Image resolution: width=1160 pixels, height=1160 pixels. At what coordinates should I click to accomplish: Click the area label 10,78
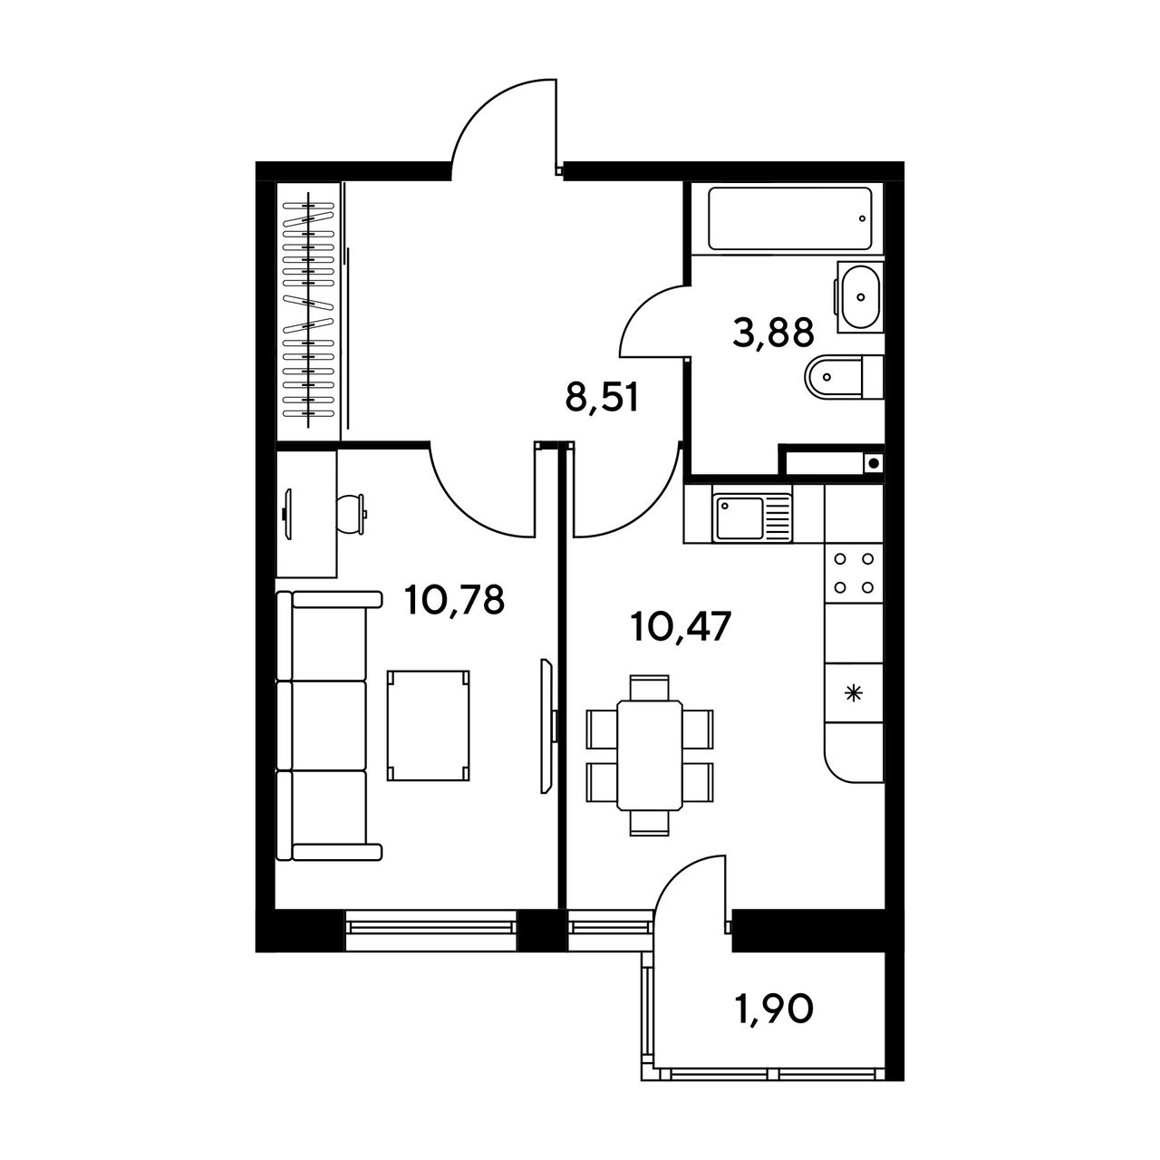click(455, 600)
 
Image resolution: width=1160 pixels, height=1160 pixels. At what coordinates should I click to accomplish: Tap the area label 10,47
click(681, 626)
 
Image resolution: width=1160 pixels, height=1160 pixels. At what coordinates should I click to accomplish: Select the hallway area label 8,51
click(602, 398)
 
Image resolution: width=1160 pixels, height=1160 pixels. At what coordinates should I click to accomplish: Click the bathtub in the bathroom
click(789, 218)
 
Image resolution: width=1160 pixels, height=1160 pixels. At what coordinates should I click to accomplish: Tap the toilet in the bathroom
click(844, 377)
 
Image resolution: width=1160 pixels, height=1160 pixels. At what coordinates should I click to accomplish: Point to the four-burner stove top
click(854, 573)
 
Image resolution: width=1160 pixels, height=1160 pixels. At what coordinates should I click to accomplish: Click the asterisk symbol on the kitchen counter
click(853, 694)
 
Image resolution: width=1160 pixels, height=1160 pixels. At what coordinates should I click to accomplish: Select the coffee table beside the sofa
click(428, 726)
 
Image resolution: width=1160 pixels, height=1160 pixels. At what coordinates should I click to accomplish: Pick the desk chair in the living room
click(351, 514)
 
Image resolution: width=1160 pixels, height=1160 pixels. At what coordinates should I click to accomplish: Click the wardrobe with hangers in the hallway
click(308, 311)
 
